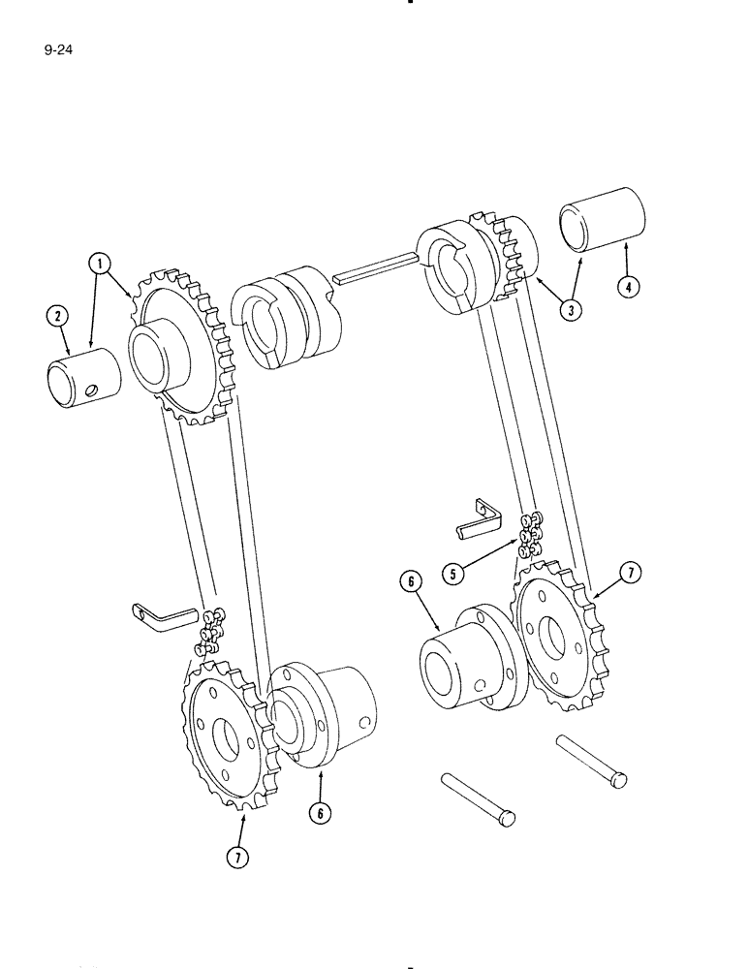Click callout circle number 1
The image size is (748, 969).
click(x=99, y=263)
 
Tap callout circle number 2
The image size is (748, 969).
click(x=57, y=316)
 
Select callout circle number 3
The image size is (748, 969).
click(x=575, y=313)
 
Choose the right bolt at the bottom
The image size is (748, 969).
click(x=591, y=761)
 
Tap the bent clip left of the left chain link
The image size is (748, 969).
click(x=162, y=614)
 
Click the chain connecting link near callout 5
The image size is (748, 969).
click(x=530, y=533)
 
